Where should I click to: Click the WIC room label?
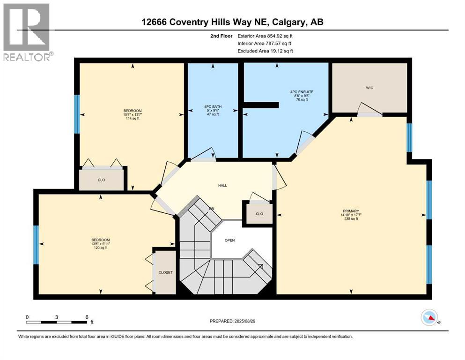tap(369, 88)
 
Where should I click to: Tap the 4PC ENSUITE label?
tap(301, 91)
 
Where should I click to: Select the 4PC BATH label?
tap(213, 107)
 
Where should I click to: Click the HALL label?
tap(222, 186)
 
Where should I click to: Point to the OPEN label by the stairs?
tap(229, 240)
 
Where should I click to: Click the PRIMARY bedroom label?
tap(350, 211)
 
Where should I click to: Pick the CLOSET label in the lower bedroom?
tap(165, 272)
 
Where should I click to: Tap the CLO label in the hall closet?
tap(259, 214)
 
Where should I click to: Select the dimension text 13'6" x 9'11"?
tap(101, 244)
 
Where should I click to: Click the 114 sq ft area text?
tap(132, 119)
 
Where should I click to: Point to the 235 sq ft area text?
tap(350, 219)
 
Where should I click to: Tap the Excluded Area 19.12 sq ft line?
tap(266, 51)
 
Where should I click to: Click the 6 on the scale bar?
tap(87, 317)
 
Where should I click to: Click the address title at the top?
tap(232, 22)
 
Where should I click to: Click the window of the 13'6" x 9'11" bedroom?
tap(36, 244)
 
